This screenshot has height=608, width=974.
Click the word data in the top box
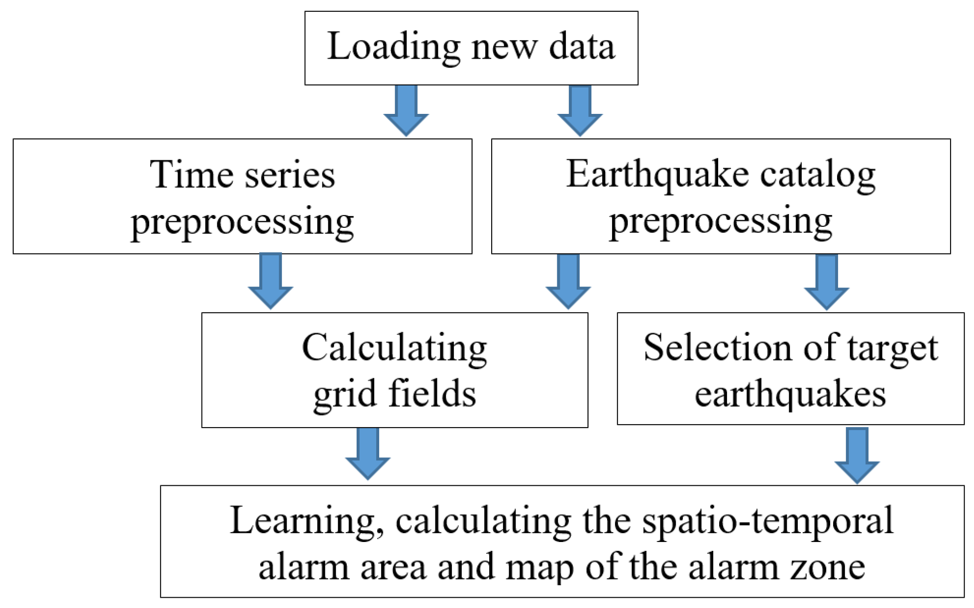coord(582,47)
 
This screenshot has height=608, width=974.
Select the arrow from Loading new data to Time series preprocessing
coord(406,110)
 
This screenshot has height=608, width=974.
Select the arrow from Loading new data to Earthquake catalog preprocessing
coord(580,110)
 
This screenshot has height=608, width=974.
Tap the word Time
coord(191,174)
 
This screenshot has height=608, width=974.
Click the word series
coord(290,174)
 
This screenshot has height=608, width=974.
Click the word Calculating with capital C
coord(394,348)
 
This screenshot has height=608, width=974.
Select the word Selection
coord(717,348)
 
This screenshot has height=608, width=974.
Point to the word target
coord(892,348)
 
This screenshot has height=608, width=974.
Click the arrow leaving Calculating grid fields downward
coord(368,454)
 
